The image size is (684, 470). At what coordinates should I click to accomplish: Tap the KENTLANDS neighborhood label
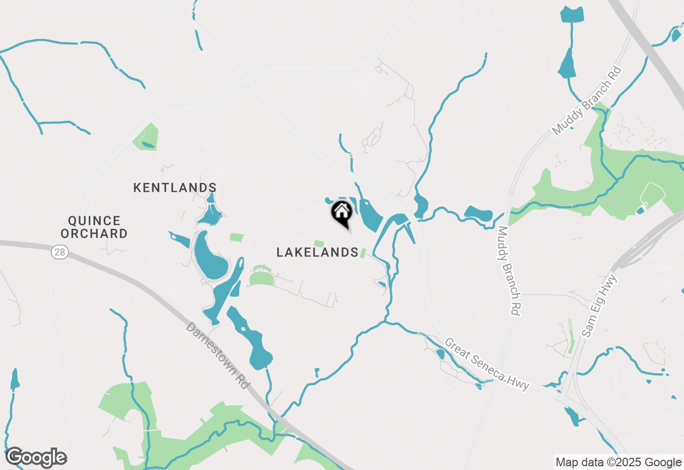(x=175, y=187)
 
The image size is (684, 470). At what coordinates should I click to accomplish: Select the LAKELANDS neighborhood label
(x=317, y=252)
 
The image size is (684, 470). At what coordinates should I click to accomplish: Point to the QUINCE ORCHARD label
(x=94, y=227)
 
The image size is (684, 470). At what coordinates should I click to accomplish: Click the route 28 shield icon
(x=59, y=252)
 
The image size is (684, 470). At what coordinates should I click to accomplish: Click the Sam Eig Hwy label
(x=599, y=305)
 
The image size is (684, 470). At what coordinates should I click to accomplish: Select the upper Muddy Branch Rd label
(x=587, y=101)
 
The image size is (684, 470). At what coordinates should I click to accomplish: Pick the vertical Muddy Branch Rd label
(x=508, y=271)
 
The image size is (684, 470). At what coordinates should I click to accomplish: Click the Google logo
(x=36, y=457)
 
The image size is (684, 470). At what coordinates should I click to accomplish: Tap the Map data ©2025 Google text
(x=618, y=463)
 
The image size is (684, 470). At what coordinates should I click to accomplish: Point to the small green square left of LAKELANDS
(x=236, y=237)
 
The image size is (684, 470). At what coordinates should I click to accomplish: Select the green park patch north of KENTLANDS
(x=146, y=137)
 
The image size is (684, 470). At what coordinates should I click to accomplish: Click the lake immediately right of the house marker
(x=369, y=215)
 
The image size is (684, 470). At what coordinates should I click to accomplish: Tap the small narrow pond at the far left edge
(x=14, y=379)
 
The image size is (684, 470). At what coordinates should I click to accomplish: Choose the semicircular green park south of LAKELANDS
(x=261, y=277)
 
